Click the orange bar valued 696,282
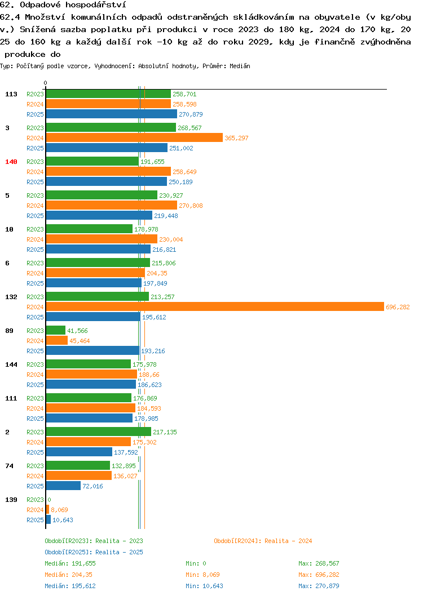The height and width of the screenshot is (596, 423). [215, 307]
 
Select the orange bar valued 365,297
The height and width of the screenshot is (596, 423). [134, 137]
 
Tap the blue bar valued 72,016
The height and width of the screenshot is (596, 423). [63, 486]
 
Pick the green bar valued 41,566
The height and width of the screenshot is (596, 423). [55, 330]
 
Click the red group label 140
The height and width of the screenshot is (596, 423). [11, 162]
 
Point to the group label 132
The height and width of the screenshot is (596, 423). [11, 297]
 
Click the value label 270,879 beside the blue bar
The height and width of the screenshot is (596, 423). [191, 114]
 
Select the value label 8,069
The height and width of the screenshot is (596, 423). [59, 510]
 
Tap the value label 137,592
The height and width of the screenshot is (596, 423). [126, 452]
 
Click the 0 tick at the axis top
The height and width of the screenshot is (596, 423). [46, 83]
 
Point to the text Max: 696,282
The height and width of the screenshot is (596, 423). [319, 575]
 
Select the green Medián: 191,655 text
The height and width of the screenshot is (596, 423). [70, 563]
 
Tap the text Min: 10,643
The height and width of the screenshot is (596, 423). [204, 586]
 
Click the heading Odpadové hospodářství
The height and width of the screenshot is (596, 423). [73, 5]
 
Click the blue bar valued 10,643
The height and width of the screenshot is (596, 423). [49, 519]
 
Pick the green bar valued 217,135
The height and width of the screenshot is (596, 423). [99, 432]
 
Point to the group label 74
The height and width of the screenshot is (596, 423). [9, 466]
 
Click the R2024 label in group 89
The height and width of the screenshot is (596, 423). [35, 341]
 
